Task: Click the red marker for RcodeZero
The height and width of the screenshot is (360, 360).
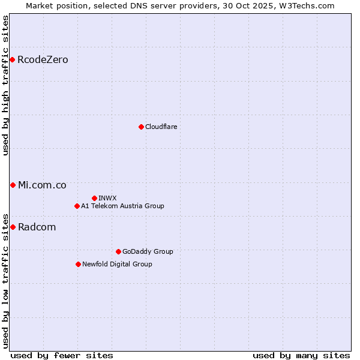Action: [x=12, y=59]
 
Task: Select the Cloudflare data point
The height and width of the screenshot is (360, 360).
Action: [x=141, y=127]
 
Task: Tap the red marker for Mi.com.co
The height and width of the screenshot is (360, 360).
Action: [x=13, y=185]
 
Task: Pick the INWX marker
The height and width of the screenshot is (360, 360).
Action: [x=94, y=198]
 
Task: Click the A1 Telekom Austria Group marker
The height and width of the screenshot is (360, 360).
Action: [x=77, y=206]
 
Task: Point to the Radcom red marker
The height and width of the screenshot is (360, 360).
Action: [x=13, y=227]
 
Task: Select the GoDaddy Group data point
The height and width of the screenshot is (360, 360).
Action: [x=118, y=251]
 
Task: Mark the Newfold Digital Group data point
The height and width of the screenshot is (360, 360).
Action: [x=78, y=264]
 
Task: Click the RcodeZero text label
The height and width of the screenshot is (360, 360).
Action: [x=43, y=59]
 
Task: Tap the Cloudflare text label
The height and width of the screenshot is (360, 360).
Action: [x=161, y=127]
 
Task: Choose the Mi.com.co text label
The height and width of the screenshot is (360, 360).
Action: [x=42, y=185]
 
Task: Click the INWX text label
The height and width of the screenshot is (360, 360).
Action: [x=107, y=198]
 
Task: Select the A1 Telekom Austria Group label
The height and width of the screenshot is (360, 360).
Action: [x=122, y=206]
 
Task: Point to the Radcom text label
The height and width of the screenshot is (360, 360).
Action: [x=37, y=227]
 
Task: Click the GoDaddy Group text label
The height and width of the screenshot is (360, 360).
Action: [x=147, y=251]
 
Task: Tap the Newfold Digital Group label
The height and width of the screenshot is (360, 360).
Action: [x=117, y=264]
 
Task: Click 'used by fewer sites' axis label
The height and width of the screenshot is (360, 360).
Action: [x=62, y=355]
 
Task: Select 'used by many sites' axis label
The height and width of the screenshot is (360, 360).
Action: [x=301, y=355]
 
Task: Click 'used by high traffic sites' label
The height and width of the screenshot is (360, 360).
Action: [x=5, y=85]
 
